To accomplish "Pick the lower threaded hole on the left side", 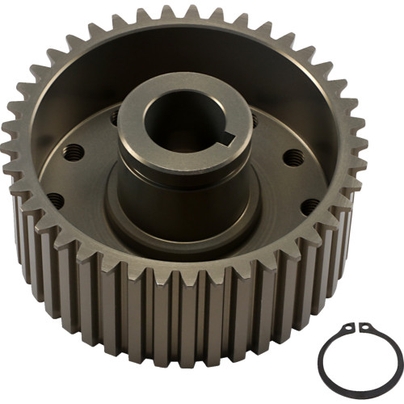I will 56,199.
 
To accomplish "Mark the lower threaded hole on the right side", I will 309,205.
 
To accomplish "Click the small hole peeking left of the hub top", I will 114,118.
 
